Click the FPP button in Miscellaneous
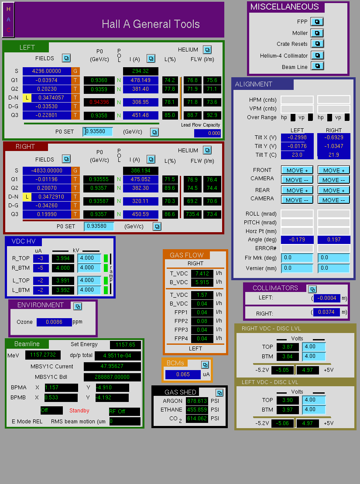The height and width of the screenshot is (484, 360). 317,22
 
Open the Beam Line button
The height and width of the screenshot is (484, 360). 317,66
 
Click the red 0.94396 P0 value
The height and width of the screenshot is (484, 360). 99,102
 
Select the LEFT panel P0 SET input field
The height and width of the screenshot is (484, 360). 98,131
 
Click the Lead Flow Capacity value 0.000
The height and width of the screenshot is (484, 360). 207,133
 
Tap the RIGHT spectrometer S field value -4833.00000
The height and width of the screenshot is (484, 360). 47,171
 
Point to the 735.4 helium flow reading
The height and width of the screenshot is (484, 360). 192,214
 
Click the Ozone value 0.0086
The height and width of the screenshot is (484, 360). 54,322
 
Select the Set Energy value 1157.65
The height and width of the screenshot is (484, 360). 125,344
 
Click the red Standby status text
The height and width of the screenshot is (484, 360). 79,411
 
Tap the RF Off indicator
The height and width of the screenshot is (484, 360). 124,412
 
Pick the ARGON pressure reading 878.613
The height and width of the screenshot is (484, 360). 197,401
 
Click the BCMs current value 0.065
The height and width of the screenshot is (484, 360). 183,374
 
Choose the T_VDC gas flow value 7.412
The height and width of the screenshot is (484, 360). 202,274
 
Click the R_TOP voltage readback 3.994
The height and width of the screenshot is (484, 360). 63,258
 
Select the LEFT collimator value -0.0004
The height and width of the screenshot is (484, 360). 327,298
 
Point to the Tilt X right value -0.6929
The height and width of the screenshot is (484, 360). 334,137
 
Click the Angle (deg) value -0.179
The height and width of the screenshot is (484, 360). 297,240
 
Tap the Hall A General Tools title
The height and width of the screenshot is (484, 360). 151,24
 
